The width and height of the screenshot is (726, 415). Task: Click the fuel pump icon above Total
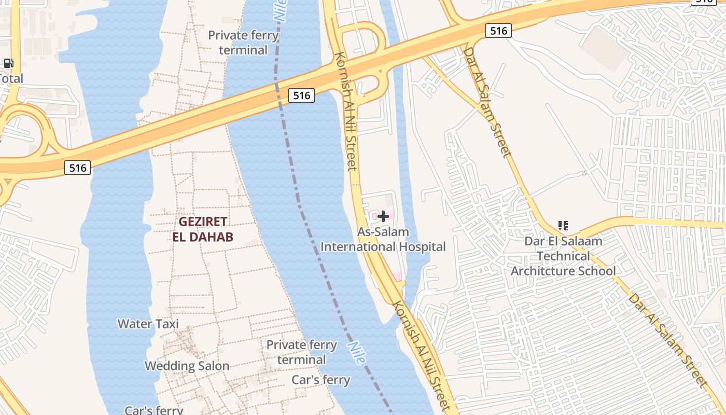click(x=8, y=64)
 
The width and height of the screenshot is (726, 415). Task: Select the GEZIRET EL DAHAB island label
click(x=203, y=229)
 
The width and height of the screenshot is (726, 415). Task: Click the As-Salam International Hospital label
click(x=383, y=240)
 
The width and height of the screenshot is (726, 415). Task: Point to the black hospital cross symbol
click(x=383, y=216)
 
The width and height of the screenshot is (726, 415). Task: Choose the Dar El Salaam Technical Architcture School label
click(x=563, y=256)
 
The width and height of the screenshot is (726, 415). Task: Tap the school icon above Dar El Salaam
click(x=563, y=226)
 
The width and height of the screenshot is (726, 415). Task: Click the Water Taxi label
click(x=148, y=324)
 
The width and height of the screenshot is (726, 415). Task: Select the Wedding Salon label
click(x=187, y=366)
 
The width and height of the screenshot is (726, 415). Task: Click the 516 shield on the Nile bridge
click(x=301, y=95)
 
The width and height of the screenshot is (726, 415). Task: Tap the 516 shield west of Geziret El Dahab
click(x=77, y=168)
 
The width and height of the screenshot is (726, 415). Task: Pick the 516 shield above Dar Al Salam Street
click(x=498, y=31)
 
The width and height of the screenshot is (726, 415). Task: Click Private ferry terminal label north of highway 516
click(x=243, y=43)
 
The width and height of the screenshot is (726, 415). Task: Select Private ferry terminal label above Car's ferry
click(x=301, y=352)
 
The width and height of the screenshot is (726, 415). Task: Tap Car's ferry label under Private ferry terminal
click(x=321, y=380)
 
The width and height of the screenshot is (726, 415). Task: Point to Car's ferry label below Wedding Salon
click(x=153, y=410)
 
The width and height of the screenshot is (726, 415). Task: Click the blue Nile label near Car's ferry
click(x=357, y=353)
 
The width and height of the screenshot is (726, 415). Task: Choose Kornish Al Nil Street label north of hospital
click(x=346, y=111)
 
